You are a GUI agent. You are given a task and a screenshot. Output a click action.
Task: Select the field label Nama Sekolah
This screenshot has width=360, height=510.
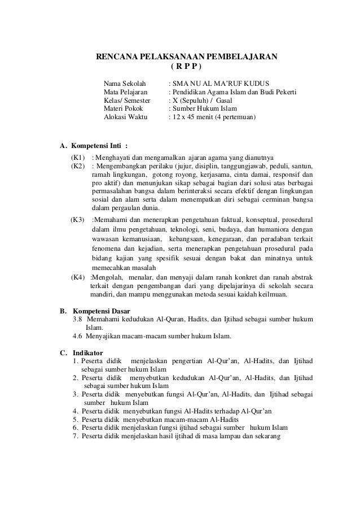pos(125,82)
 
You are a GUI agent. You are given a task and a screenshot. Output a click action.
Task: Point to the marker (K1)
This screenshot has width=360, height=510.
pos(78,156)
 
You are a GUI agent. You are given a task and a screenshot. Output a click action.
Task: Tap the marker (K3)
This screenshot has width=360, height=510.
pos(78,219)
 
